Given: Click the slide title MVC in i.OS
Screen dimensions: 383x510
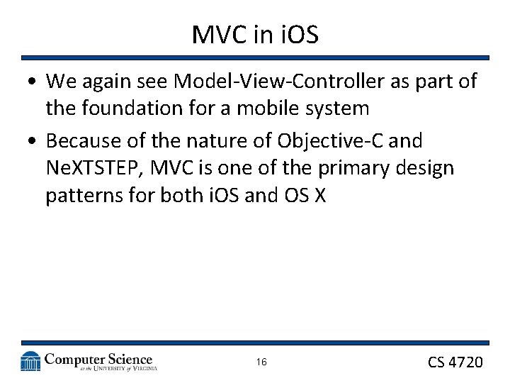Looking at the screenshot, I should pos(255,34).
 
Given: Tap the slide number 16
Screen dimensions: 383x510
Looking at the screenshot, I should pos(261,362).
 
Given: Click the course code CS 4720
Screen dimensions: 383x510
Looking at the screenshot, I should pos(455,362).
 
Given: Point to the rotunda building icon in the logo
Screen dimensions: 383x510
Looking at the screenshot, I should pos(30,362).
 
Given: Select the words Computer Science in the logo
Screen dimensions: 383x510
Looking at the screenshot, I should pos(98,359).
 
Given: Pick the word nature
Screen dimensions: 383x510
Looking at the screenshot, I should pos(223,141).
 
